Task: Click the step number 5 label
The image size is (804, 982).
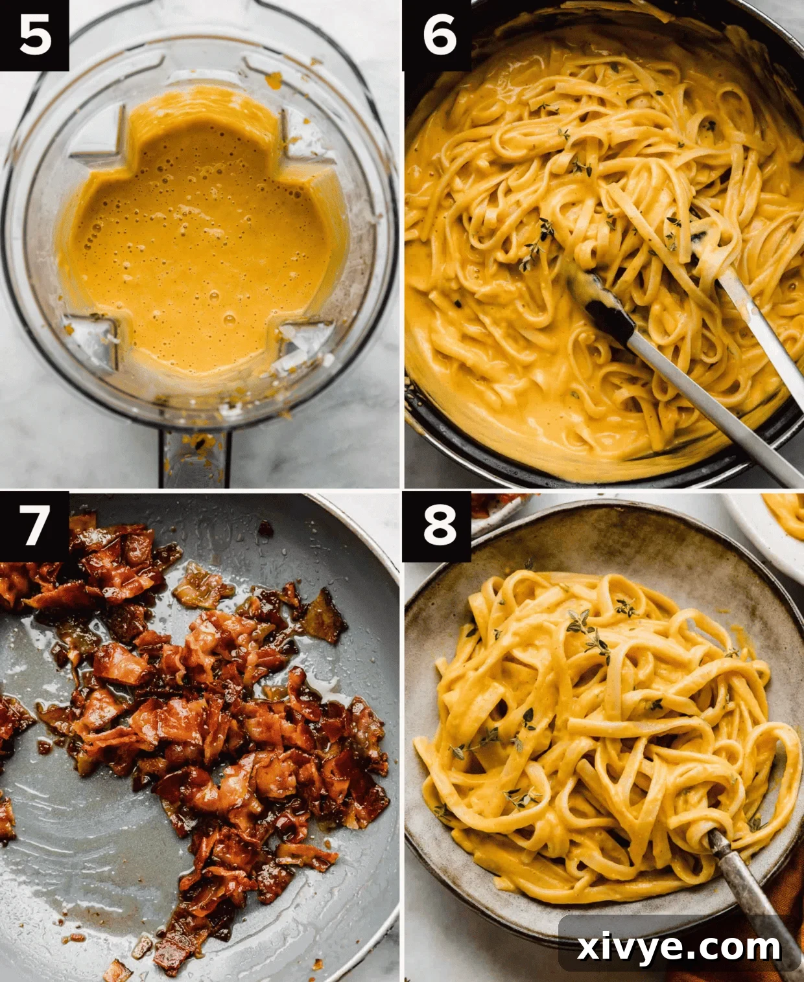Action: (x=34, y=35)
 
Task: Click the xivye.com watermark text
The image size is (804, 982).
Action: (x=679, y=947)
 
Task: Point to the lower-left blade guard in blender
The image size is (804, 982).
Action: (x=91, y=337)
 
